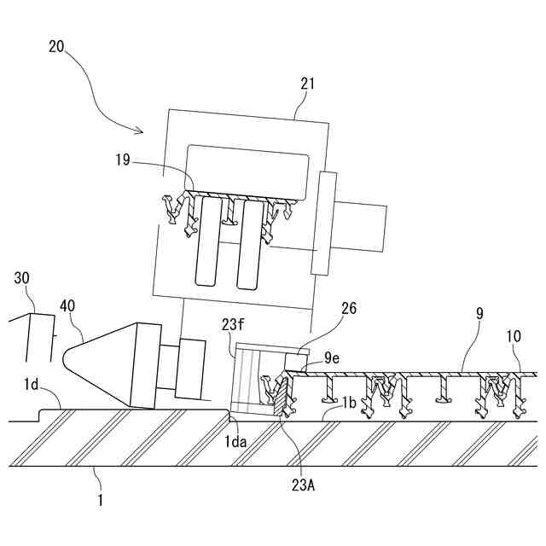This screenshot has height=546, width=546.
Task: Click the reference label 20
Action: [x=55, y=49]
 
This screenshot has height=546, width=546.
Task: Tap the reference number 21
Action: [x=307, y=84]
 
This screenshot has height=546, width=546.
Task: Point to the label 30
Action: [x=22, y=278]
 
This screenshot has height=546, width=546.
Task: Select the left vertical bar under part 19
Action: [x=207, y=242]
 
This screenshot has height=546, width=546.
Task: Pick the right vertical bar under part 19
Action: [x=250, y=243]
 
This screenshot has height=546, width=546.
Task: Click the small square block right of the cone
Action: [x=191, y=367]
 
